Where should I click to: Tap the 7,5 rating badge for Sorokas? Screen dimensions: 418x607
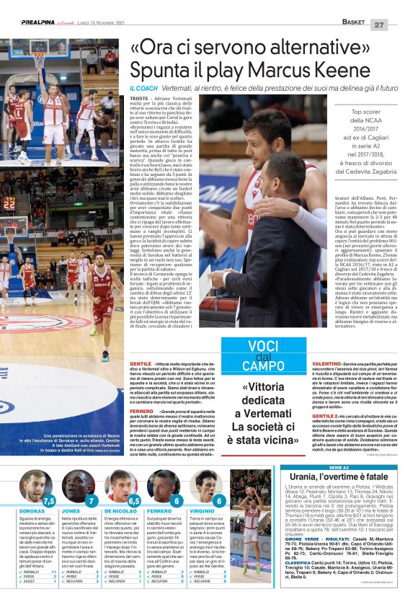pyautogui.click(x=48, y=500)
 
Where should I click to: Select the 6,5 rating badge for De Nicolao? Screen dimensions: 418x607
pyautogui.click(x=133, y=500)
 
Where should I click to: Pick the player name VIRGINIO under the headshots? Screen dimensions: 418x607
pyautogui.click(x=203, y=510)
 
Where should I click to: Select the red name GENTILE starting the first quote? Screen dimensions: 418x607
pyautogui.click(x=141, y=365)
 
